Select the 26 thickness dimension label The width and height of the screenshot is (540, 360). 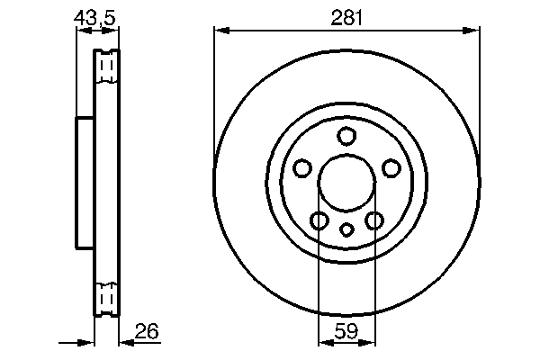pyautogui.click(x=146, y=332)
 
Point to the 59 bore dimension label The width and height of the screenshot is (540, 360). pyautogui.click(x=346, y=332)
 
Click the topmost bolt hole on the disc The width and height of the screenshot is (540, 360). pyautogui.click(x=346, y=137)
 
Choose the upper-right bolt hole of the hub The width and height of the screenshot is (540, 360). pyautogui.click(x=391, y=168)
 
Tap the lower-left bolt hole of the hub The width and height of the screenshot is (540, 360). pyautogui.click(x=319, y=220)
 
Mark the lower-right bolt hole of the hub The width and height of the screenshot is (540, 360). pyautogui.click(x=373, y=220)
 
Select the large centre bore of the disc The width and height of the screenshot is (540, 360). pyautogui.click(x=346, y=181)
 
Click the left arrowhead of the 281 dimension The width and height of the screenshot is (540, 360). pyautogui.click(x=220, y=31)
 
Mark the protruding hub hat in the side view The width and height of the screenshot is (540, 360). pyautogui.click(x=85, y=181)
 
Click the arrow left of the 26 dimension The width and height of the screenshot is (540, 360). pyautogui.click(x=86, y=341)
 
